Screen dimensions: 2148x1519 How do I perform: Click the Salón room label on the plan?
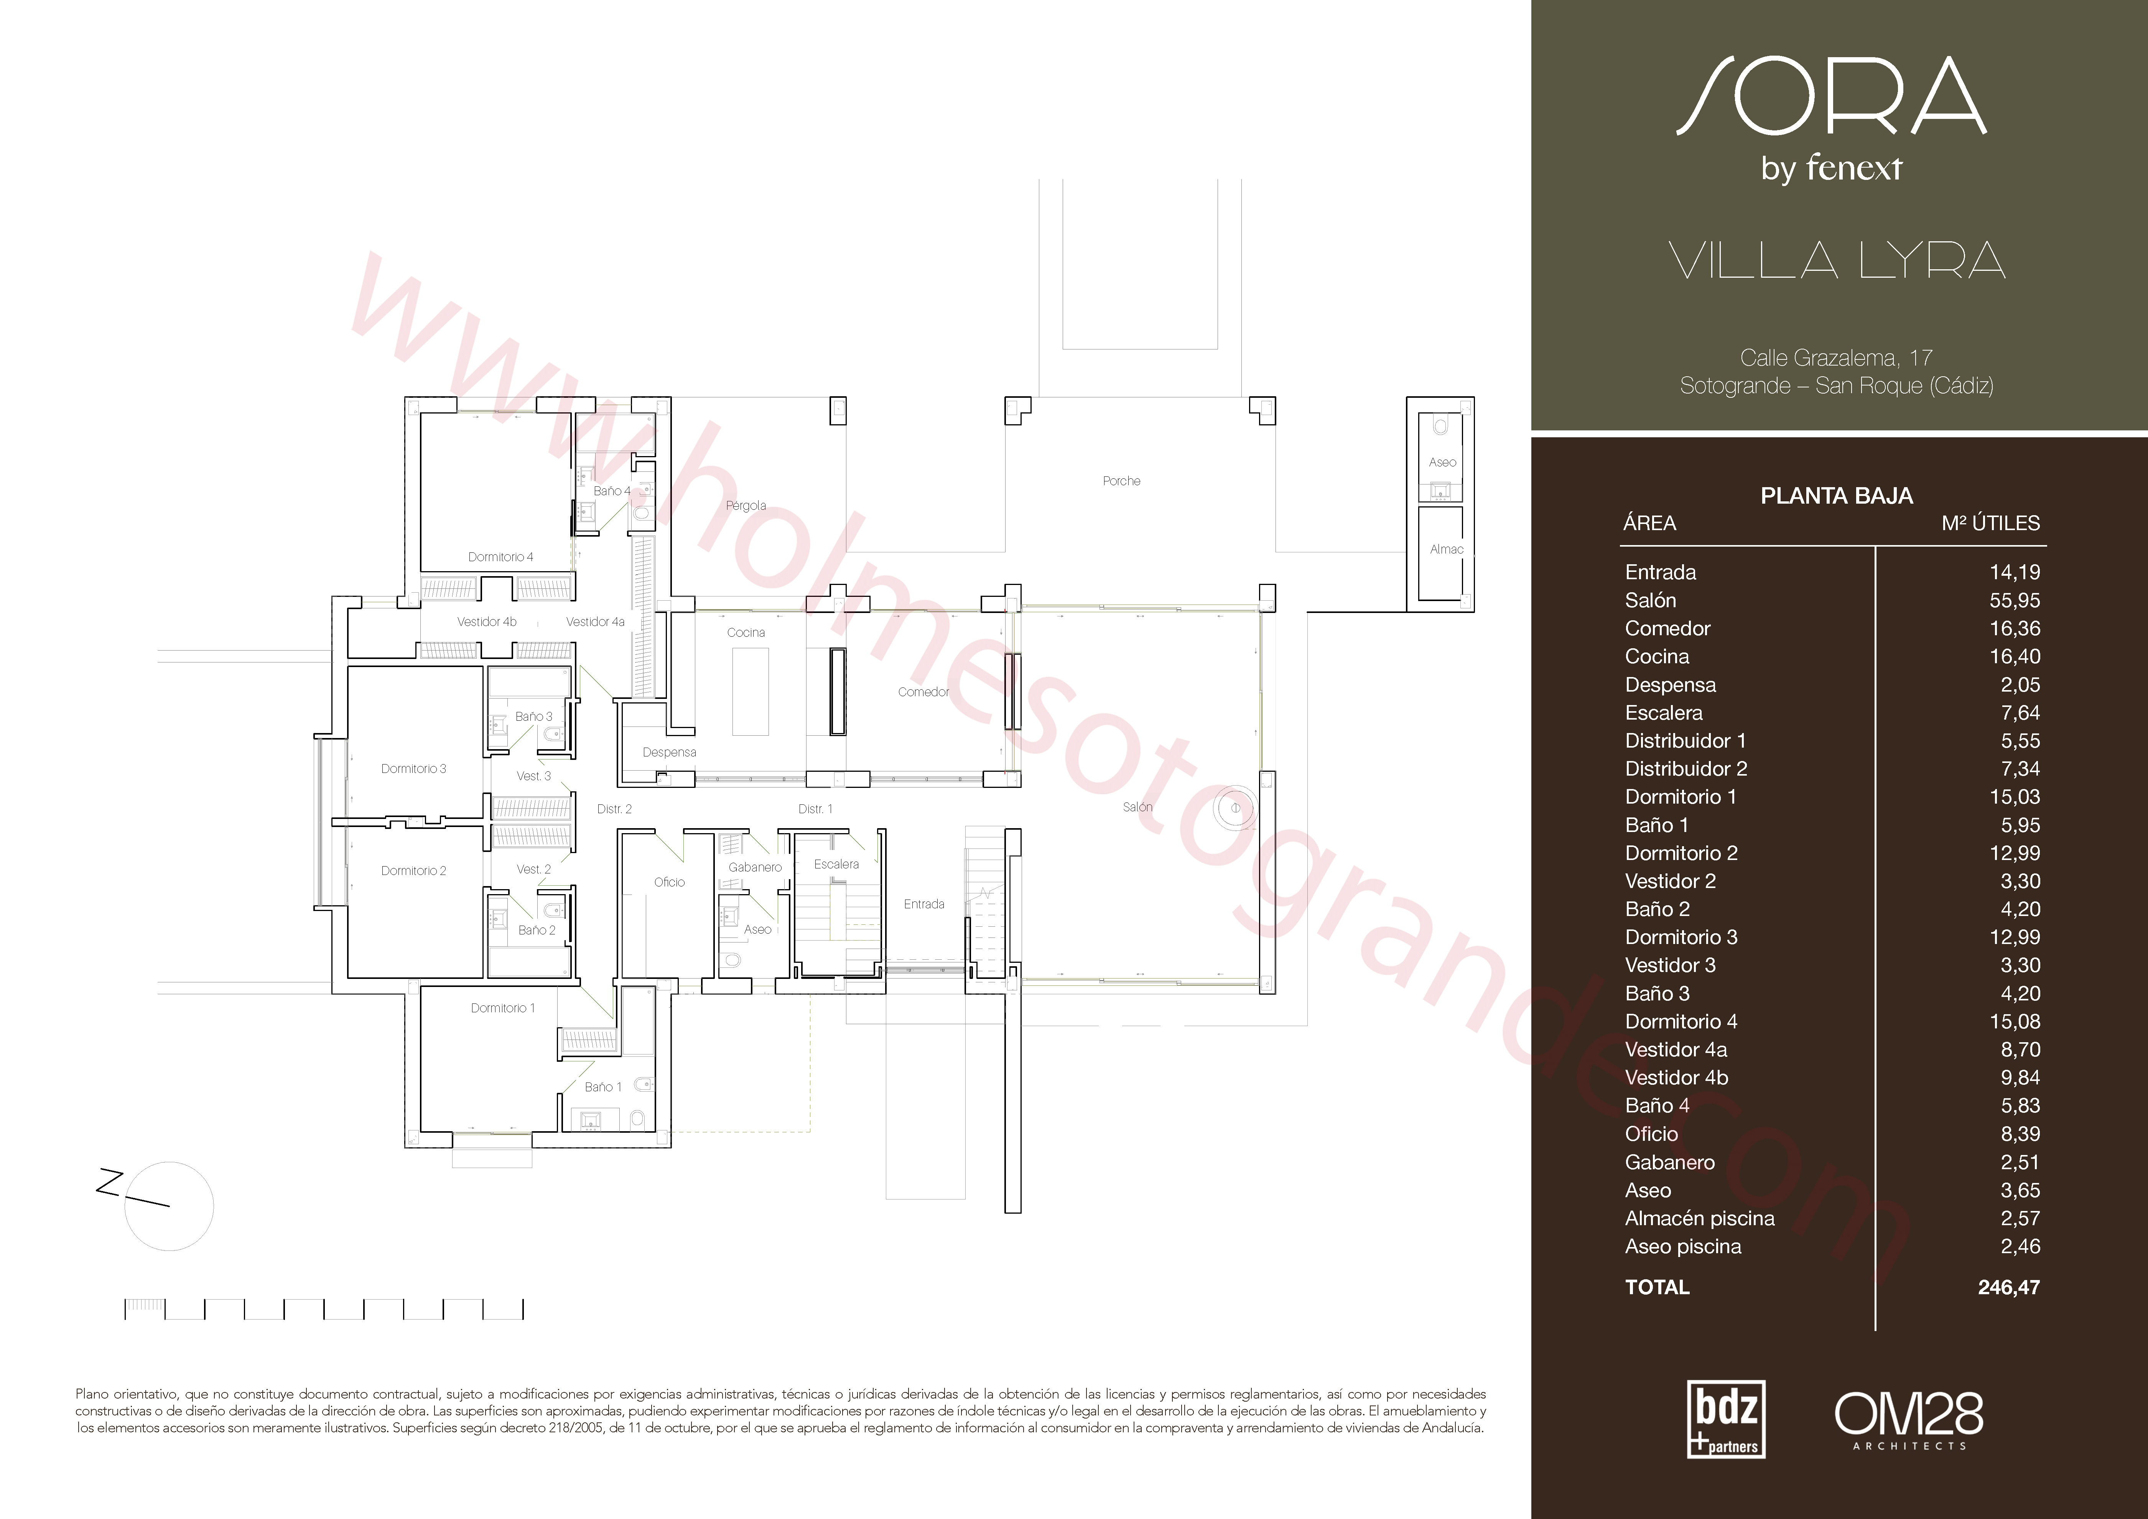1137,807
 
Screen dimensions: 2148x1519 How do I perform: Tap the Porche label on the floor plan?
1122,481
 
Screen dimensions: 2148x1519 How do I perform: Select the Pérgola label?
746,506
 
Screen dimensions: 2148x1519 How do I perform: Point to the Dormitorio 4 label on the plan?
500,557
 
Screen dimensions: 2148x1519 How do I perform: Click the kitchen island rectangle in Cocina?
750,692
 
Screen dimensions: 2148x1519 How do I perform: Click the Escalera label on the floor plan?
836,864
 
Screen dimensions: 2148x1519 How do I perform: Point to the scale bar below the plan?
324,1309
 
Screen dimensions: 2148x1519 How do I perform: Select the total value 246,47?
2009,1288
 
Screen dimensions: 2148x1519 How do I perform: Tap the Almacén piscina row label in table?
1700,1219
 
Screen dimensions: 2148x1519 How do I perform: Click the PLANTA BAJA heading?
1837,496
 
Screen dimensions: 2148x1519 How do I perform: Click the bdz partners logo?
1726,1419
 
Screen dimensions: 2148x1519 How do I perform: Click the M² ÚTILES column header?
1991,523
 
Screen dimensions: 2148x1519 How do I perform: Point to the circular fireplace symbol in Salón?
1235,808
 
